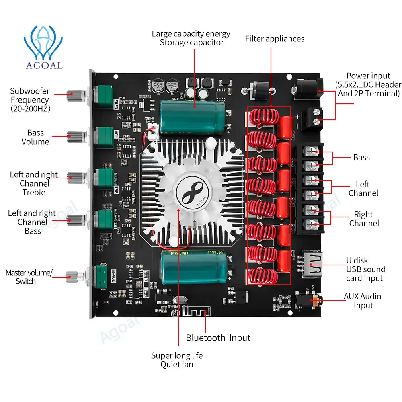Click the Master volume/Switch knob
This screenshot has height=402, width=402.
74,275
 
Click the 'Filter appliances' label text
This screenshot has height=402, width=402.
275,39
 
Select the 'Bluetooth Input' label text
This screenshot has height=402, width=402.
218,338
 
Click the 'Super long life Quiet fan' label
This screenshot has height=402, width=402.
177,360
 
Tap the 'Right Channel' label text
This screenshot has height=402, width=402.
364,219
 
